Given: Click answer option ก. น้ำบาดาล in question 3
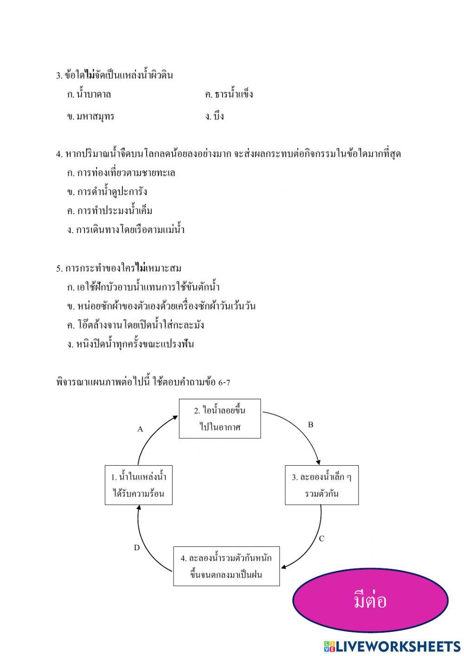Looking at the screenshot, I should click(x=89, y=95).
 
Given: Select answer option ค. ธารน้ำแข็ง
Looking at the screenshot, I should click(x=229, y=95).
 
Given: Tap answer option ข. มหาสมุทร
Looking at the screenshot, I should click(x=90, y=117).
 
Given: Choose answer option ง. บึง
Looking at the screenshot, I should click(x=215, y=117).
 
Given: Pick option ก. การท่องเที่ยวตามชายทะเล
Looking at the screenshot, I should click(x=121, y=173).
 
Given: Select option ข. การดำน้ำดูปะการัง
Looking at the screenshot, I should click(x=107, y=192).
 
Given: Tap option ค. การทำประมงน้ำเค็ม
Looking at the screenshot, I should click(x=110, y=211).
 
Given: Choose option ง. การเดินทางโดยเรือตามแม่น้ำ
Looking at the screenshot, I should click(x=126, y=230).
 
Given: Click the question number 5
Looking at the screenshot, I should click(x=59, y=269).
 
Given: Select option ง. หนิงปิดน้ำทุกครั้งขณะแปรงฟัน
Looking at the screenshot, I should click(x=130, y=344).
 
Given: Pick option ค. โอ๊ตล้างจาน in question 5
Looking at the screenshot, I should click(x=135, y=325).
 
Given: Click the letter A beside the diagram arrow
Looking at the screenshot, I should click(x=140, y=429).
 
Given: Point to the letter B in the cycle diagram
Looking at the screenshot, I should click(x=310, y=425).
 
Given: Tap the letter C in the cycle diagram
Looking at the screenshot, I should click(x=322, y=539).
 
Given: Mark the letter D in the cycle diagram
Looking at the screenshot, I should click(x=137, y=548).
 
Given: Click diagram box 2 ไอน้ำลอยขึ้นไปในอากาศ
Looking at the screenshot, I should click(x=220, y=418).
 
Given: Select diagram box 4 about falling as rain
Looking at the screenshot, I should click(x=226, y=566).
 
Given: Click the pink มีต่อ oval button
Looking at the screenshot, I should click(x=370, y=600).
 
